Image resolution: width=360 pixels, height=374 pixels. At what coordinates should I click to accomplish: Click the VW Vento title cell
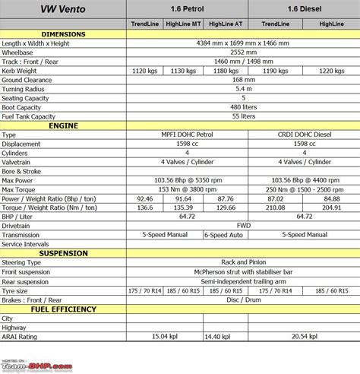pyautogui.click(x=63, y=9)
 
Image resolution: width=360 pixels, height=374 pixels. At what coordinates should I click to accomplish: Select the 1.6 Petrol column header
pyautogui.click(x=185, y=9)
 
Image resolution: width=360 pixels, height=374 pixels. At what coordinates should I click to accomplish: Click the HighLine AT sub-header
pyautogui.click(x=226, y=25)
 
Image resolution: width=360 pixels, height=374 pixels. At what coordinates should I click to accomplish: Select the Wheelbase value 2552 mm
pyautogui.click(x=243, y=52)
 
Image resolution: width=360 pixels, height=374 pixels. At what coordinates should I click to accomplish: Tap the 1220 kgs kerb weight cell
pyautogui.click(x=331, y=71)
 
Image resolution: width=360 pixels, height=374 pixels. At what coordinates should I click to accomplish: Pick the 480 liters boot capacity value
pyautogui.click(x=243, y=107)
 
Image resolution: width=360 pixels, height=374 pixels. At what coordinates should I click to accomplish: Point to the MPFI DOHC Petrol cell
pyautogui.click(x=185, y=134)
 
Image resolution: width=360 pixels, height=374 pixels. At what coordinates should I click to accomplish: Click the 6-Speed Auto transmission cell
pyautogui.click(x=226, y=235)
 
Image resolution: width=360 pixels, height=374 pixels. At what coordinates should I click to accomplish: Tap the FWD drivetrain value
pyautogui.click(x=243, y=226)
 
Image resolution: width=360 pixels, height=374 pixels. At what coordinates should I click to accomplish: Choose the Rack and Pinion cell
pyautogui.click(x=243, y=262)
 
